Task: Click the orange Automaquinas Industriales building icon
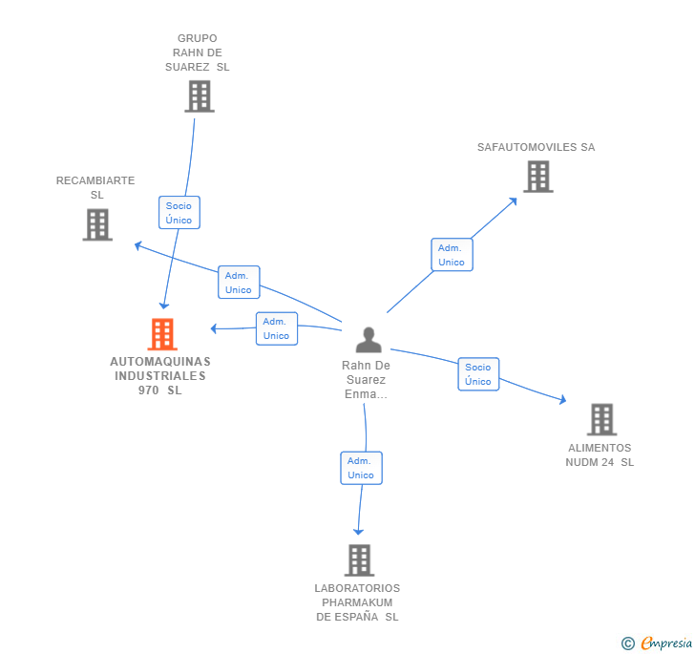point(162,334)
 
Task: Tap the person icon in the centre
point(369,340)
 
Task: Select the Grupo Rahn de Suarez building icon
point(199,95)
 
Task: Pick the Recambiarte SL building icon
point(97,224)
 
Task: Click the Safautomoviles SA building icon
point(537,177)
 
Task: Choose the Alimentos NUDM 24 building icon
point(600,419)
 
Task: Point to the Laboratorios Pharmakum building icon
point(359,559)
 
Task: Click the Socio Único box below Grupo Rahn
point(179,213)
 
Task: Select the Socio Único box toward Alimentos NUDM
point(478,374)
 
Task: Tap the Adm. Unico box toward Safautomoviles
point(452,255)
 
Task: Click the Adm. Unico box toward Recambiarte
point(239,283)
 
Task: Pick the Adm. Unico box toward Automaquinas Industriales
point(277,328)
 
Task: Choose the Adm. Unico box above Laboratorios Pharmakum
point(361,468)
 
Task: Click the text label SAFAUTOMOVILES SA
point(536,148)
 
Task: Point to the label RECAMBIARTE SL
point(95,187)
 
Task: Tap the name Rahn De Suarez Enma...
point(366,379)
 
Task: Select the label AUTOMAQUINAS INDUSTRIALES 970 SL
point(160,376)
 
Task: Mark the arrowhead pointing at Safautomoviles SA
point(513,200)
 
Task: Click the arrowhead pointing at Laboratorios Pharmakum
point(359,531)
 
